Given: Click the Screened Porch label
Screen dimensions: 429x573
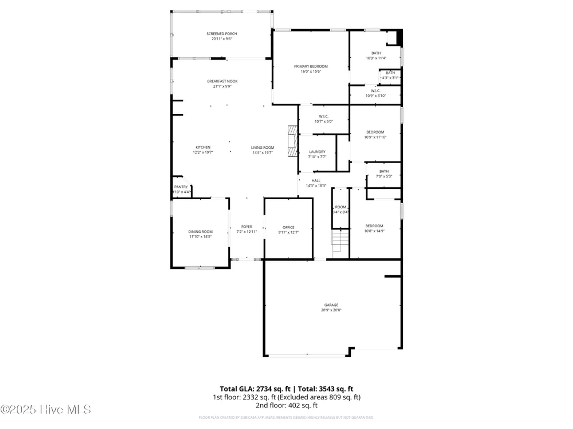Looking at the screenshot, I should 221,34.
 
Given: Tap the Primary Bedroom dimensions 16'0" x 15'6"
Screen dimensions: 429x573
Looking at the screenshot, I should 311,71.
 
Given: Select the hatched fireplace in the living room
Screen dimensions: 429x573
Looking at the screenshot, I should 293,141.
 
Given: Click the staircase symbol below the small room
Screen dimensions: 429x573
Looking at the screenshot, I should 340,240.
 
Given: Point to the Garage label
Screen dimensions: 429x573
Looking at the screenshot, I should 331,305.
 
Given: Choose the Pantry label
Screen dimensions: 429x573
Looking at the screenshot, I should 181,187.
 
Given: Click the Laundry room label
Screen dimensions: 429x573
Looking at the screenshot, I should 317,152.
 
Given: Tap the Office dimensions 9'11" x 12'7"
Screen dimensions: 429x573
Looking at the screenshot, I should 288,233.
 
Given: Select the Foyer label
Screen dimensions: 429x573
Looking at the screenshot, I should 246,227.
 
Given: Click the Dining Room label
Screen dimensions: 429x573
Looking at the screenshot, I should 200,232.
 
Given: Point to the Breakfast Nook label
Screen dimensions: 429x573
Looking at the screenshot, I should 222,81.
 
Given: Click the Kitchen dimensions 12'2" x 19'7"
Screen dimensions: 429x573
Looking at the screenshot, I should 203,152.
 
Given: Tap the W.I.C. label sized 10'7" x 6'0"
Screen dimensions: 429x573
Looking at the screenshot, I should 323,116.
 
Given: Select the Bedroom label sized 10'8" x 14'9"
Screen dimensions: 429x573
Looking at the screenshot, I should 374,226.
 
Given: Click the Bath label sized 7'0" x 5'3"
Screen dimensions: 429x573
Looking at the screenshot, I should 384,171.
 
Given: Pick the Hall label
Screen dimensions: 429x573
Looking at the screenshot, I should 316,180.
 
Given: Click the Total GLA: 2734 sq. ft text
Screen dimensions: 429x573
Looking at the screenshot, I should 255,389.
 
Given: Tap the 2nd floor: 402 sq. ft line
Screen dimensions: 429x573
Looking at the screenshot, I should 286,405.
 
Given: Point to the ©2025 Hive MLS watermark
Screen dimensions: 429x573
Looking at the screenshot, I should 46,410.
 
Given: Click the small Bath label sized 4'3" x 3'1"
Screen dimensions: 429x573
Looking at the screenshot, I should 390,73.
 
